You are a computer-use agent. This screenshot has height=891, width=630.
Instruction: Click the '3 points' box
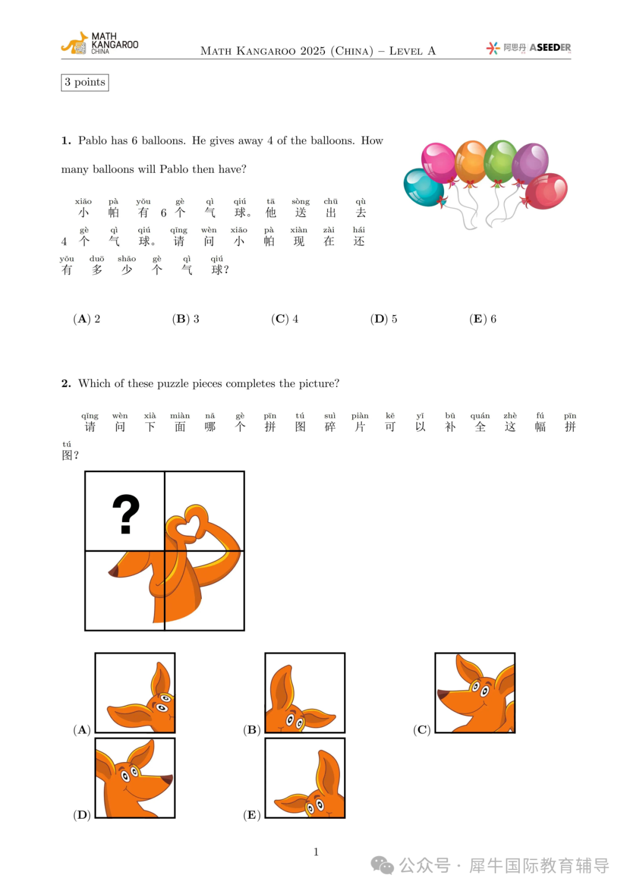point(85,82)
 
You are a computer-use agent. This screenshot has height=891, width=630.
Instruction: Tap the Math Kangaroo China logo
point(100,44)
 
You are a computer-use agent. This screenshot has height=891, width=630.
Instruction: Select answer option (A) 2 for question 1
point(87,319)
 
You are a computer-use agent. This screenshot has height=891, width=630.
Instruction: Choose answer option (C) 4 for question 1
point(285,319)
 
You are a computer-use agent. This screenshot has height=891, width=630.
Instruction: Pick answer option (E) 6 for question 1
point(482,319)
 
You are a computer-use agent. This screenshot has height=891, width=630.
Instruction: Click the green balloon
point(500,160)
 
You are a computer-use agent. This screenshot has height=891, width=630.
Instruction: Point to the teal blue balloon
point(423,187)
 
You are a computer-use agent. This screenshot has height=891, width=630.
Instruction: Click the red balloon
point(547,191)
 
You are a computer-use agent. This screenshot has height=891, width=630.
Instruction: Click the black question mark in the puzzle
point(125,513)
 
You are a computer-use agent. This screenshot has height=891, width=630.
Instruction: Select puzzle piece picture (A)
point(135,693)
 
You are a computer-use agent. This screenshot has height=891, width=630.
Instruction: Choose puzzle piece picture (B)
point(305,693)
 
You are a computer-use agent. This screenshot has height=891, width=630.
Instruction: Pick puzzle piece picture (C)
point(475,693)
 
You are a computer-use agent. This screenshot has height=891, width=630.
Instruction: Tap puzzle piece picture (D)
point(135,778)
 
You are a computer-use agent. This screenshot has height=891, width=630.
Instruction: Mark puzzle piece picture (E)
point(305,778)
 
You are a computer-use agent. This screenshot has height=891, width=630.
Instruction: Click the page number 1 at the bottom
point(316,852)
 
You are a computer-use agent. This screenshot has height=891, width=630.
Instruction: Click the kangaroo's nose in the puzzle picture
point(113,572)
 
